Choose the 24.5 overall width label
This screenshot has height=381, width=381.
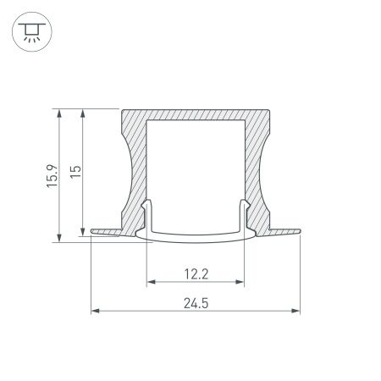(x=196, y=301)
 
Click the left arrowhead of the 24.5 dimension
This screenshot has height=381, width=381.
(x=94, y=312)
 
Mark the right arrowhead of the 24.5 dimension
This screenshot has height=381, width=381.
(x=297, y=312)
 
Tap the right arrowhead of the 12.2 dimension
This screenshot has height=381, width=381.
(x=241, y=283)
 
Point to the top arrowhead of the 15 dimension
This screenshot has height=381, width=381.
(x=81, y=113)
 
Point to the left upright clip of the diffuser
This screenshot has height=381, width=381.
(x=148, y=213)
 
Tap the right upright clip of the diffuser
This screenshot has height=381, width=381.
(x=245, y=213)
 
